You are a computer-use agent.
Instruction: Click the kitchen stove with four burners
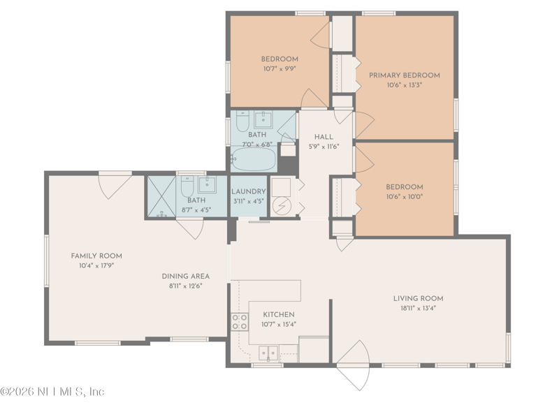tap(239, 322)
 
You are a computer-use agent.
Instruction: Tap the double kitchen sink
tap(268, 352)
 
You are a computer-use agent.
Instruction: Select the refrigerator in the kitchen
tap(314, 349)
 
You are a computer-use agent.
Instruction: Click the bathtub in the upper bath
tap(254, 160)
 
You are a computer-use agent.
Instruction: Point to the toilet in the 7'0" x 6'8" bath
tap(242, 122)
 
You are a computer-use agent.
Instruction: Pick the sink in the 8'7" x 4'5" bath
tap(208, 186)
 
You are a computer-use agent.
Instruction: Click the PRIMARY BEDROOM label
tap(404, 75)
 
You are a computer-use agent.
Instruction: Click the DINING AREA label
tap(185, 276)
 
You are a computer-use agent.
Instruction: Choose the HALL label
tap(323, 137)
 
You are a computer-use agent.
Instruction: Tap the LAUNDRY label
tap(248, 191)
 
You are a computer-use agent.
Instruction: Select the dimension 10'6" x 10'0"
tap(404, 196)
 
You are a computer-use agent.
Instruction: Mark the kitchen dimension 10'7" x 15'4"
tap(278, 324)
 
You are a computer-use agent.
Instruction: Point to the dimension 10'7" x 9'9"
tap(279, 68)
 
